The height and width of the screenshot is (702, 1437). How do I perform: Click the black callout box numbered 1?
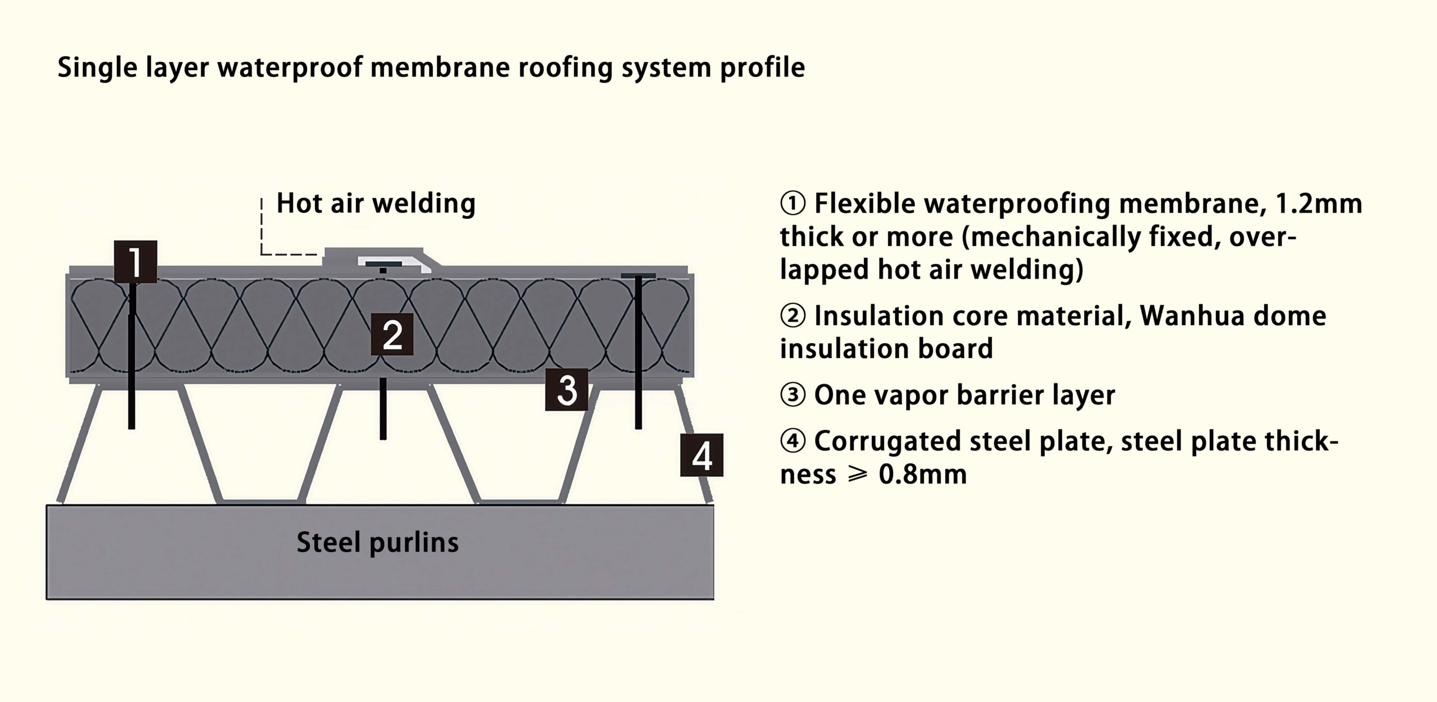tap(135, 262)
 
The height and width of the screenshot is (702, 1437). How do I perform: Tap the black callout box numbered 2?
tap(392, 334)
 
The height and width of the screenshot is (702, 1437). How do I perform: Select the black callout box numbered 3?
tap(566, 390)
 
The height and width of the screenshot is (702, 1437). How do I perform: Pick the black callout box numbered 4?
tap(702, 455)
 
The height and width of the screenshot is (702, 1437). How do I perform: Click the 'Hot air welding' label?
tap(376, 203)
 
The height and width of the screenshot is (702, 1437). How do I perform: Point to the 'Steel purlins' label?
tap(377, 543)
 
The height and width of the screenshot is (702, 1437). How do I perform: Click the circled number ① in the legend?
tap(793, 203)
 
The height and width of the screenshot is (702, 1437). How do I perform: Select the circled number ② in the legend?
tap(793, 316)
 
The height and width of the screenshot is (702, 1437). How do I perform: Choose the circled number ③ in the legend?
tap(793, 395)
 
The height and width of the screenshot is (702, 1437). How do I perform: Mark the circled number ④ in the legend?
tap(793, 441)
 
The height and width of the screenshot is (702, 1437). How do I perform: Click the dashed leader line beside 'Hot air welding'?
tap(262, 230)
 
